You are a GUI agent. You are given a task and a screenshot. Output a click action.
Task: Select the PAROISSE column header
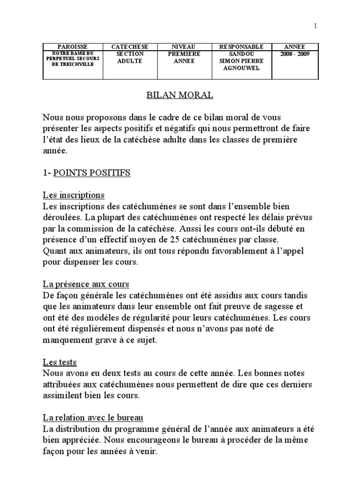[72, 47]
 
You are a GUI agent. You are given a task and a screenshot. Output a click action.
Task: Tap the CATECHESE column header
[129, 47]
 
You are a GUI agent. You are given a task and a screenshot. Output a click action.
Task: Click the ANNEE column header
[295, 47]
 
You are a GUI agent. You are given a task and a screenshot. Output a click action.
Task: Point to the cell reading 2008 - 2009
[295, 54]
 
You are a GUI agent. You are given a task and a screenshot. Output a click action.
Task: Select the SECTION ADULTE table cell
[129, 58]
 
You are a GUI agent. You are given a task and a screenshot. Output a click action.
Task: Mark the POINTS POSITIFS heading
[92, 173]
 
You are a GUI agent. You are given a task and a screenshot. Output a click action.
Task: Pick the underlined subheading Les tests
[60, 362]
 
